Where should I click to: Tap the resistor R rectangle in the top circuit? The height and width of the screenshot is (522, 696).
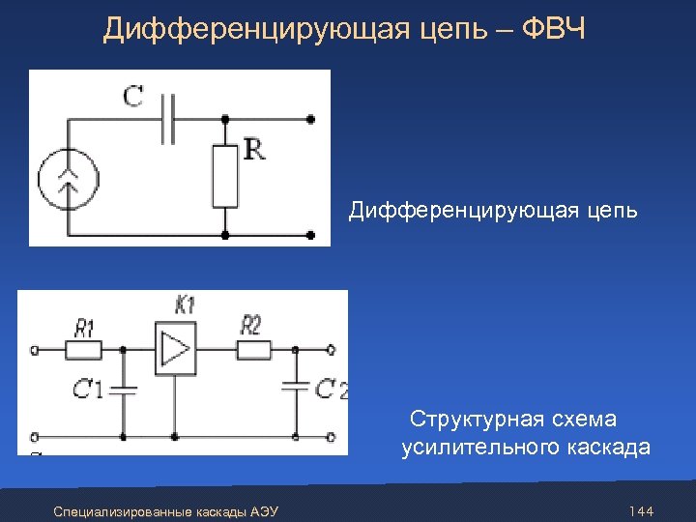[x=225, y=176]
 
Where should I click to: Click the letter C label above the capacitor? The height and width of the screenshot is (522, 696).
[x=133, y=96]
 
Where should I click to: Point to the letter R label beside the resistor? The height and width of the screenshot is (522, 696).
[x=254, y=150]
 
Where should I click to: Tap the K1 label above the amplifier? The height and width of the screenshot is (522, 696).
[x=185, y=305]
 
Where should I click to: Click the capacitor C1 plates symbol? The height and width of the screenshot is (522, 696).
[x=124, y=390]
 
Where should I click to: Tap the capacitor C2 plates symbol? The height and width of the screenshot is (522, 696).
[x=294, y=389]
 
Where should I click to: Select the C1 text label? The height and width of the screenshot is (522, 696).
[x=88, y=390]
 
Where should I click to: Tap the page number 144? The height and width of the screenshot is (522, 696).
[x=641, y=510]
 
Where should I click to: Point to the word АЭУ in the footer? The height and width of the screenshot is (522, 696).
[x=263, y=510]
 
